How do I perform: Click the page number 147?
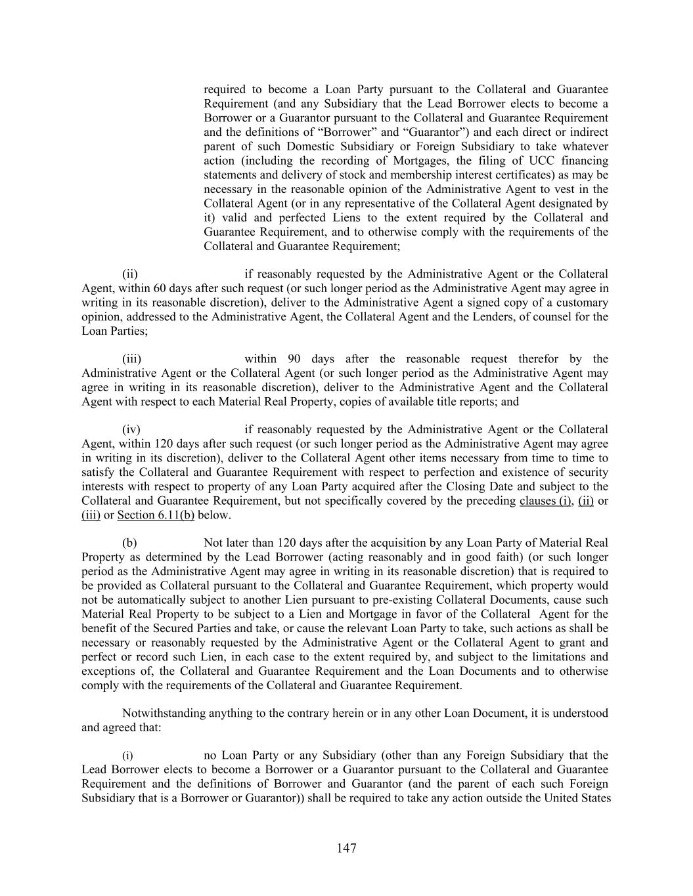click(x=346, y=848)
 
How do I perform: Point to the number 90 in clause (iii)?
click(x=294, y=359)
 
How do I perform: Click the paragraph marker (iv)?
click(x=131, y=430)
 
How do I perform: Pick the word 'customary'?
click(x=583, y=303)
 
